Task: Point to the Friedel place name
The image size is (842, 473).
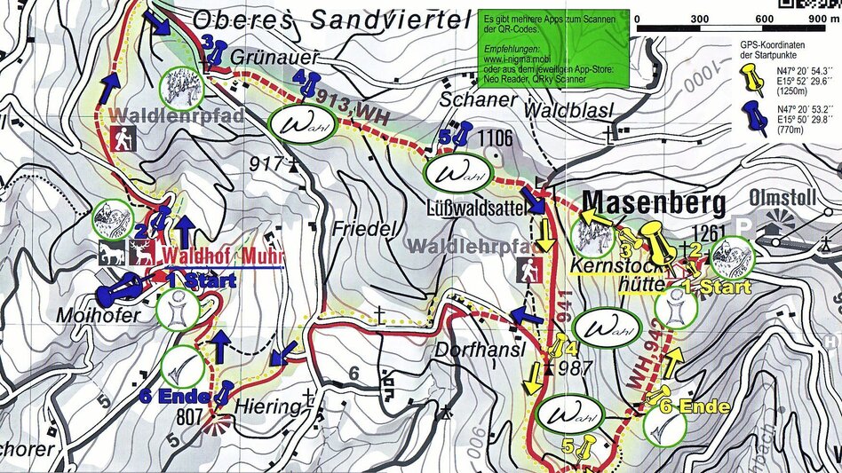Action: (362, 228)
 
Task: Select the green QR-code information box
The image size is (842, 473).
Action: (553, 49)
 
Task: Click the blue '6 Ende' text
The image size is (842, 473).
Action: (175, 396)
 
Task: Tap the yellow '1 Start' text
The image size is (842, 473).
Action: (717, 288)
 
